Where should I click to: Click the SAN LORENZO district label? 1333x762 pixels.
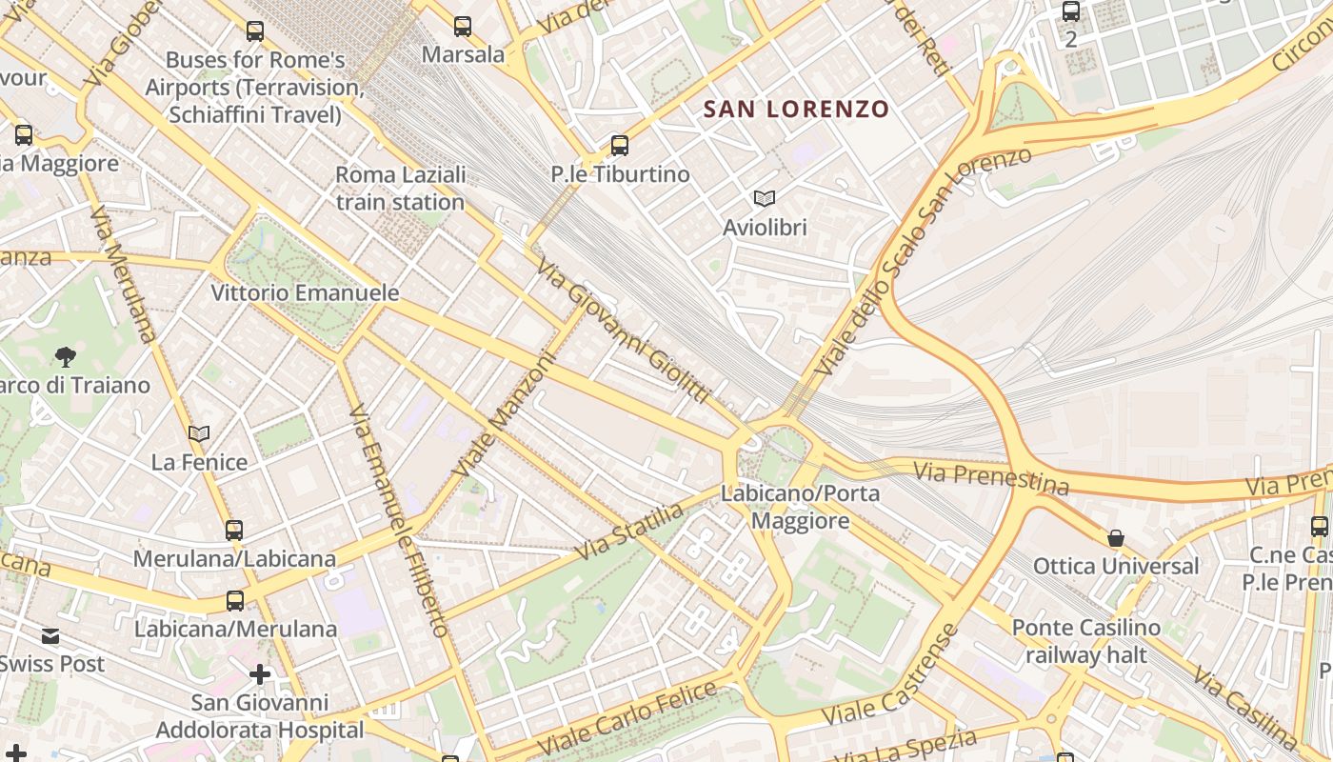click(x=796, y=110)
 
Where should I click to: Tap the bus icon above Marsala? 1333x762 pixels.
click(x=463, y=27)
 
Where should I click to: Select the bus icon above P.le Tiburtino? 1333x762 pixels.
click(x=620, y=146)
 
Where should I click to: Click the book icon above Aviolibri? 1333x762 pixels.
click(x=765, y=198)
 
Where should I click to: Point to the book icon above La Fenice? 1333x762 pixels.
click(x=199, y=434)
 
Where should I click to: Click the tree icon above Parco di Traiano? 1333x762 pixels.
click(x=66, y=357)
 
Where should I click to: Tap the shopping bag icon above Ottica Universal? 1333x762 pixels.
click(x=1116, y=538)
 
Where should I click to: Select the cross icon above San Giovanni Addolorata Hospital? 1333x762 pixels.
click(x=260, y=674)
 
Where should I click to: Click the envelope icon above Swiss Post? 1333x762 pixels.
click(x=50, y=636)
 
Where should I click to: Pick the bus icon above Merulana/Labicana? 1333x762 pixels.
click(x=234, y=531)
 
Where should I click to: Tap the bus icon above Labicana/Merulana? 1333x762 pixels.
click(x=235, y=601)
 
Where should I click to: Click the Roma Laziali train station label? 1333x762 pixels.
click(x=400, y=189)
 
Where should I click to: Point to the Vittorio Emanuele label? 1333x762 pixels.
click(x=305, y=292)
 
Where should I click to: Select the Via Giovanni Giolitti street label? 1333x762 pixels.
click(x=624, y=329)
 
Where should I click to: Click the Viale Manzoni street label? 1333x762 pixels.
click(x=504, y=414)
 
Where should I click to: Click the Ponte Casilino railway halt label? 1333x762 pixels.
click(x=1085, y=641)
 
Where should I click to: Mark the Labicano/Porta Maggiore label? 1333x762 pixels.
click(x=800, y=507)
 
